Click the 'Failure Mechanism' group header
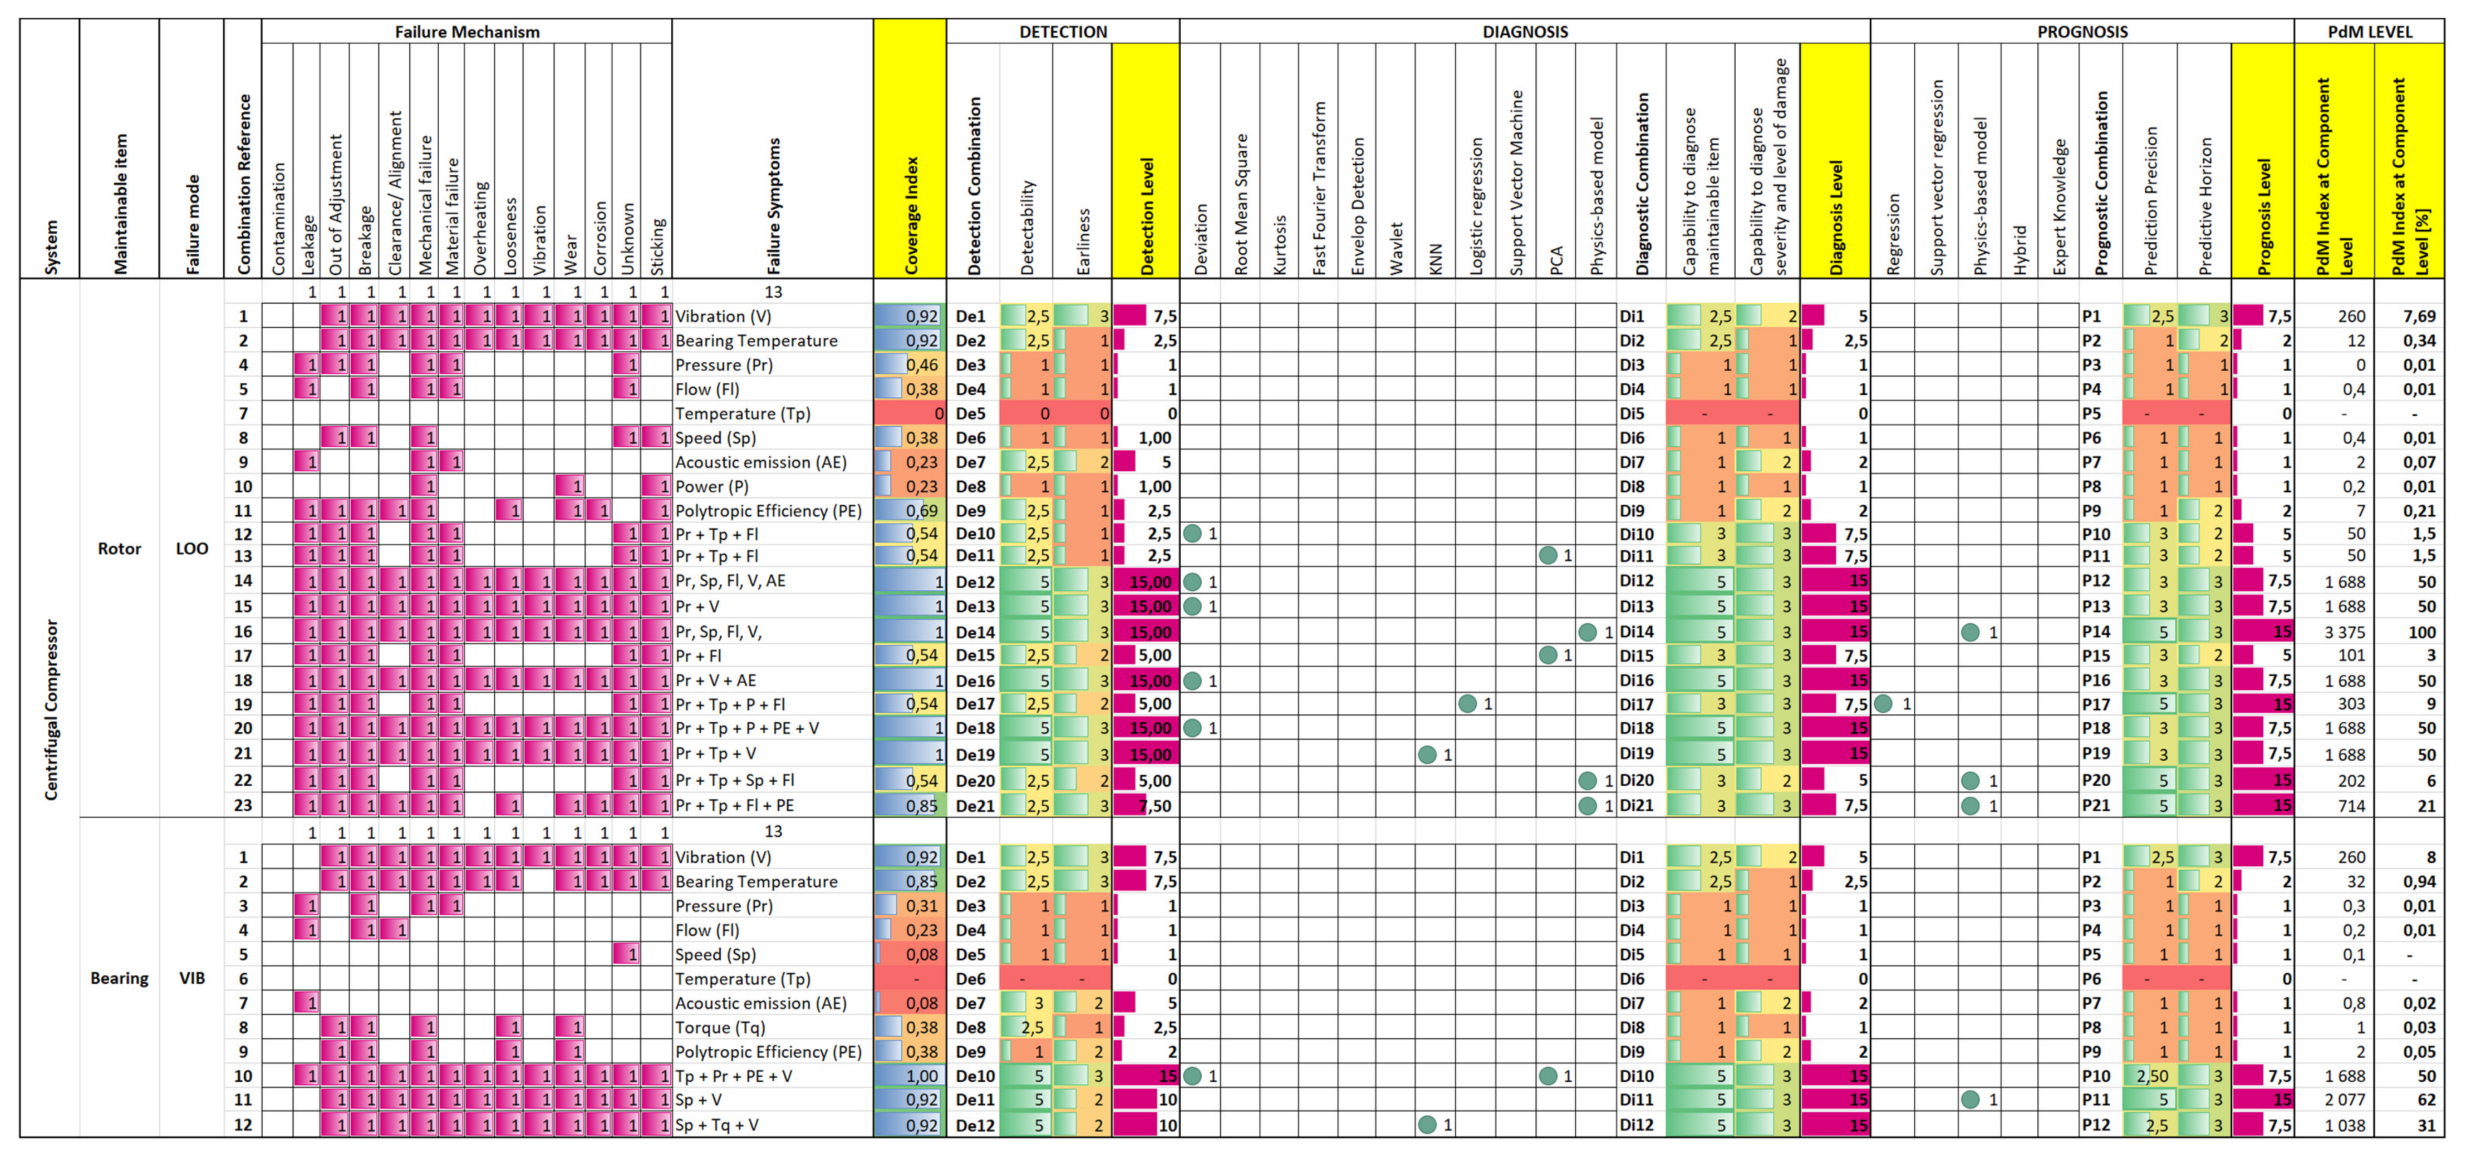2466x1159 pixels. click(x=467, y=32)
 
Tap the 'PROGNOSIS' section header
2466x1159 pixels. click(x=2081, y=32)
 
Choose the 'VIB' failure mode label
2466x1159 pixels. click(x=191, y=978)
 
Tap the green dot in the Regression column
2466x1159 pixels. click(x=1883, y=703)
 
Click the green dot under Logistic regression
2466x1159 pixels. click(x=1467, y=703)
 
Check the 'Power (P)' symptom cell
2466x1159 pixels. click(x=712, y=486)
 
